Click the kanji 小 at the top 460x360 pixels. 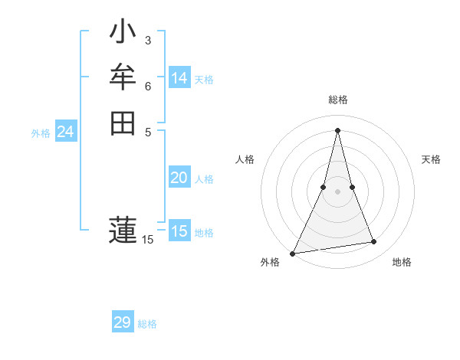tap(123, 33)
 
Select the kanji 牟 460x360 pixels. tap(123, 77)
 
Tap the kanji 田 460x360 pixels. tap(123, 123)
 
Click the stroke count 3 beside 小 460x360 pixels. tap(148, 40)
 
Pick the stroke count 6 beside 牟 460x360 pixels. tap(148, 86)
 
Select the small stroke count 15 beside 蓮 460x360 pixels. tap(148, 240)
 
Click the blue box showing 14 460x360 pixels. tap(179, 78)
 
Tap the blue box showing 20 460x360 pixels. tap(179, 178)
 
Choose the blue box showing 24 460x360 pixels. tap(66, 133)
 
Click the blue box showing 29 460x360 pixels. tap(123, 322)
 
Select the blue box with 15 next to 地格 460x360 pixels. tap(179, 231)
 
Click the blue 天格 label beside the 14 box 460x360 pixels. tap(204, 80)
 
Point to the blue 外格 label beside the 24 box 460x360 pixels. tap(41, 133)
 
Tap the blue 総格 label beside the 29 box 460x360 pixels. tap(147, 324)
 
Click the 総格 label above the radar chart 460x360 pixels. tap(337, 100)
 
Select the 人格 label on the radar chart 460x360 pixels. tap(245, 159)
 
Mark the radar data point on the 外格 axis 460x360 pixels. tap(293, 253)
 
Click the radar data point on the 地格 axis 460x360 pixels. tap(374, 242)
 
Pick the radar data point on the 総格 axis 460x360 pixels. tap(337, 130)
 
